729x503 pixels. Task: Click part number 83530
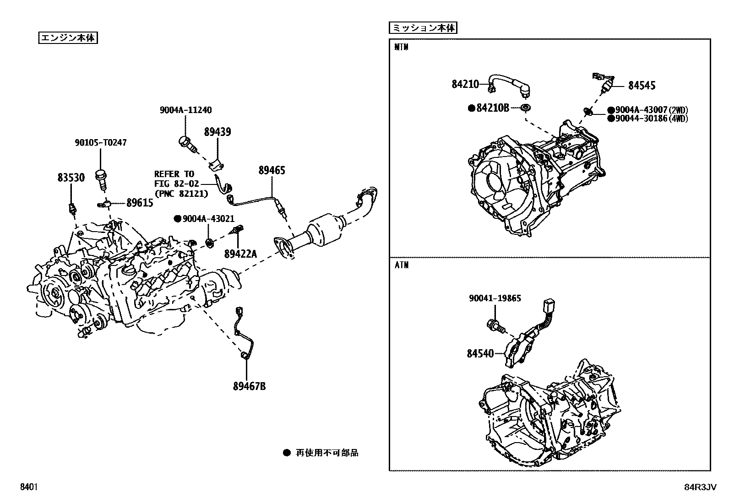click(x=71, y=178)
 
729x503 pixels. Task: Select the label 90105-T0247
click(x=101, y=142)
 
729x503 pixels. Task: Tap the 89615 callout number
click(x=140, y=203)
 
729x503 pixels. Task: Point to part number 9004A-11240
click(x=185, y=110)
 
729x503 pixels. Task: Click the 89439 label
click(x=218, y=132)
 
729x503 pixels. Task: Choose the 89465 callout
click(x=272, y=170)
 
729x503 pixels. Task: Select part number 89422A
click(x=240, y=254)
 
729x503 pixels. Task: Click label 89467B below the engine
click(x=249, y=386)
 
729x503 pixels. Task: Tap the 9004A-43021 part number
click(x=208, y=219)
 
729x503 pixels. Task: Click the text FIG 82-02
click(x=176, y=184)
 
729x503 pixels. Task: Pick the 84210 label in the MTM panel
click(x=465, y=84)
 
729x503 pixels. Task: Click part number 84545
click(x=642, y=85)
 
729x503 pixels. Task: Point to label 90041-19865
click(x=495, y=298)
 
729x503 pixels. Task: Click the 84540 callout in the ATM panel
click(x=480, y=353)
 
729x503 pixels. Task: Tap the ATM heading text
click(x=402, y=265)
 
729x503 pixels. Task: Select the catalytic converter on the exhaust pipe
click(x=326, y=229)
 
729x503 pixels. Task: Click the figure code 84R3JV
click(x=700, y=487)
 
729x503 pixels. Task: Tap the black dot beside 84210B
click(x=472, y=108)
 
